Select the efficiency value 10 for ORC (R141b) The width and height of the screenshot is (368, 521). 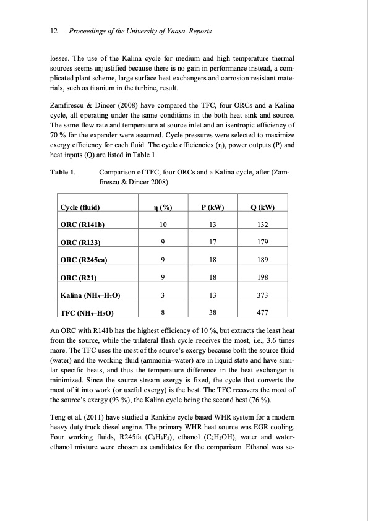162,225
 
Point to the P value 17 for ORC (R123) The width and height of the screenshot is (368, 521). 213,242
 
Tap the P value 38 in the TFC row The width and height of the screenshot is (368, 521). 213,313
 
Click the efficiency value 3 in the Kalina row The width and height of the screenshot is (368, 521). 162,295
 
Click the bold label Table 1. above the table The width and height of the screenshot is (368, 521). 63,171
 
